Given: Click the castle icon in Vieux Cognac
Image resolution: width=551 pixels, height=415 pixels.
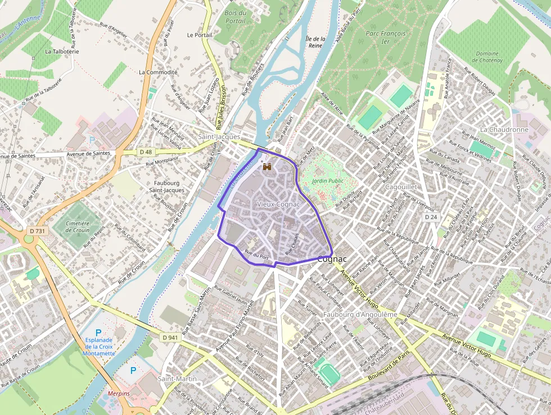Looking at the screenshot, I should (x=267, y=167).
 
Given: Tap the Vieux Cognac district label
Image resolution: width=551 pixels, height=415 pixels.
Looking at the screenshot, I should (x=278, y=204).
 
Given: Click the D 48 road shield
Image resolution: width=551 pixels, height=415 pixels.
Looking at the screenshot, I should (x=146, y=152).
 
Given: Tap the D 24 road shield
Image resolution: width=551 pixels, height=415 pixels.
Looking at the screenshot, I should (x=431, y=217).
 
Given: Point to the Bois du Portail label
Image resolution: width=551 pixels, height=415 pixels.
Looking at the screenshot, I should (x=235, y=17).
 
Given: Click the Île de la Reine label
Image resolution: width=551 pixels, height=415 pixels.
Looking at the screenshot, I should (x=315, y=43).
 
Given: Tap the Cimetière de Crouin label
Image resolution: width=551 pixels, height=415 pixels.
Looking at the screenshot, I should (x=78, y=227).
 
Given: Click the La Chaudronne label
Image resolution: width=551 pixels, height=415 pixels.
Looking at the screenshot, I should (x=504, y=130).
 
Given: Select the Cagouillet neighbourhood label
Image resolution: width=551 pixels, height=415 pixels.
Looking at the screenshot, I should (x=401, y=186).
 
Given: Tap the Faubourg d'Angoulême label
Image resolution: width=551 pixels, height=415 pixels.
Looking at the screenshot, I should (x=360, y=314).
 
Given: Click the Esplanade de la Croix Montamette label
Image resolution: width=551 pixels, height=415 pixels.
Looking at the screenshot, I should (x=99, y=346).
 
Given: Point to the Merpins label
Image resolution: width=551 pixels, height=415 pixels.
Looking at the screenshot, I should (x=118, y=393).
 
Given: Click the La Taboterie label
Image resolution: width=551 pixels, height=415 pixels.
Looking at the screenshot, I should (x=62, y=51).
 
